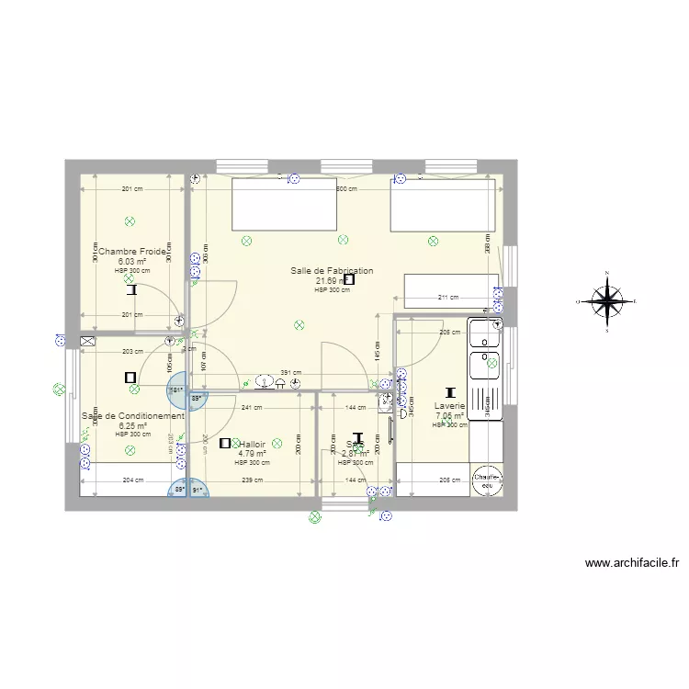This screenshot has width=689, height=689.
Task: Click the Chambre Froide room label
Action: click(132, 251)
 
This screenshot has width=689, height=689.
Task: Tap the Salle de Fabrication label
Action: click(332, 271)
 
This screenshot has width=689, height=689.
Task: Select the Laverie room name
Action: click(450, 405)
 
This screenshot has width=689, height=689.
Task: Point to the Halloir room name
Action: click(252, 444)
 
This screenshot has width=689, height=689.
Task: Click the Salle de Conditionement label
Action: click(132, 416)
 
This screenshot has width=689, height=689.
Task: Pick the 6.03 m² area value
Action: click(131, 261)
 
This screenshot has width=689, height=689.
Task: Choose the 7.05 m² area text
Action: click(450, 415)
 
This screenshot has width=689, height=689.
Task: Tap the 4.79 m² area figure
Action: click(252, 453)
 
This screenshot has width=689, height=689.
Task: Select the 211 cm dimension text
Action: click(447, 298)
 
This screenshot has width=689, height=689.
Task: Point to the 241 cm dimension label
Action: click(252, 407)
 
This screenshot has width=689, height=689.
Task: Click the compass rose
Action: click(606, 300)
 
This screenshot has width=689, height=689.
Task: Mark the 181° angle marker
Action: click(175, 390)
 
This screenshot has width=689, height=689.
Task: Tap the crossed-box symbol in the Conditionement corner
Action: click(87, 341)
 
